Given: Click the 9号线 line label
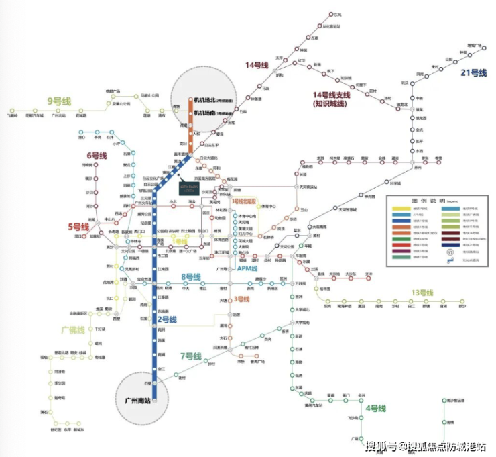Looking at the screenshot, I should point(62,101).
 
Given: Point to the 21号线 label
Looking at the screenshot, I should point(469,73).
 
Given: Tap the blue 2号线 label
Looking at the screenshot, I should point(167,320).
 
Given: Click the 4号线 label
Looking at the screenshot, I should point(375,408).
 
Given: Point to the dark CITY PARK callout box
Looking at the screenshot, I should point(190,189).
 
